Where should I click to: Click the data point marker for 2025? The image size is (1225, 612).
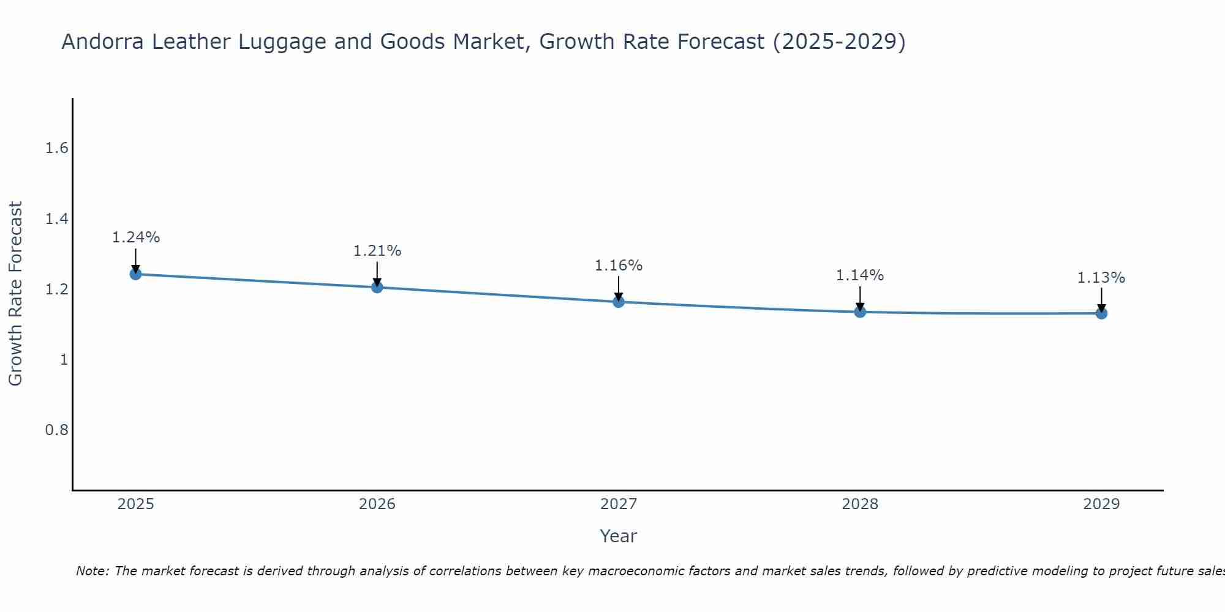135,274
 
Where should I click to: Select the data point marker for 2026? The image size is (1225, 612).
377,287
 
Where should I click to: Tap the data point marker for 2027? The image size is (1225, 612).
618,302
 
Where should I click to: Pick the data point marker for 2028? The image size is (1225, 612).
860,312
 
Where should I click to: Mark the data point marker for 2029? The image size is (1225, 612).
1101,313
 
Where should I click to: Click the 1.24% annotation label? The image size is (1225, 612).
135,237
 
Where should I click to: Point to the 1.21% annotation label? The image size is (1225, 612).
377,251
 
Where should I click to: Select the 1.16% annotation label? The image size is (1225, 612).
618,266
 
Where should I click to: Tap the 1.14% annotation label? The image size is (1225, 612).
860,275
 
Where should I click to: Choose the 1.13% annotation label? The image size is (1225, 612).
1101,278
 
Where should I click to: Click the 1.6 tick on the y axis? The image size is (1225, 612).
56,148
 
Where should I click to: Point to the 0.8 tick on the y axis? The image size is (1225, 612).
56,430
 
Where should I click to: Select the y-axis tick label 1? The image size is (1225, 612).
64,359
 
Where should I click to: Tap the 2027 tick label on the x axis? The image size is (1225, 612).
618,504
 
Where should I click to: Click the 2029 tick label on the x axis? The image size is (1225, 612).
1101,504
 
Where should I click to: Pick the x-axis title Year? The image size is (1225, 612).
618,536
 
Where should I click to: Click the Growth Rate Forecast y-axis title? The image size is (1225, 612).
15,294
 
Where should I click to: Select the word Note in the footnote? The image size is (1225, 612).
92,571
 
